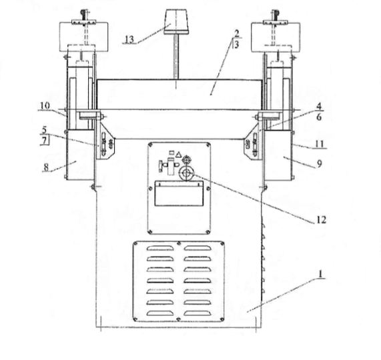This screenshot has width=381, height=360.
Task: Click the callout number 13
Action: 129,39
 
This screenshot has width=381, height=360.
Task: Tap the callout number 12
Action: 321,220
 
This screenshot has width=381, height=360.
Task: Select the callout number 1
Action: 320,274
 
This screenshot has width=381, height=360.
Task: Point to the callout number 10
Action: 45,105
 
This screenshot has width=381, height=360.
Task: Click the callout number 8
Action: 46,167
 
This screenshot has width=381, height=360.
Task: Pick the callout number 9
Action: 320,164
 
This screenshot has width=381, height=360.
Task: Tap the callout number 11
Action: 320,144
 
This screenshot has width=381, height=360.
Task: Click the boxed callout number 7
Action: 44,141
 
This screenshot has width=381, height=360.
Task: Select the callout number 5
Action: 44,130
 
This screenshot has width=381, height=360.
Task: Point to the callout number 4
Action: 319,106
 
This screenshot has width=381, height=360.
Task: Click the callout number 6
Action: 319,117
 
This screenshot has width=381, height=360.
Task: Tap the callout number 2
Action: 236,33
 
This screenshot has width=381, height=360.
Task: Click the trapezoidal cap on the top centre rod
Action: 176,21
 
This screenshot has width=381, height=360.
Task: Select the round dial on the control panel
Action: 186,173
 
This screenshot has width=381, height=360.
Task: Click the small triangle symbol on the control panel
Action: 179,154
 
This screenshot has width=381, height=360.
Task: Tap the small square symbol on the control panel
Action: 171,153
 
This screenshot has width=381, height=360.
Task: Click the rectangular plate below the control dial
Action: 179,193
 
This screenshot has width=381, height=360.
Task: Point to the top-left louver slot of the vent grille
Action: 160,248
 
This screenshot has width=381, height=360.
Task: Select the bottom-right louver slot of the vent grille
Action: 198,313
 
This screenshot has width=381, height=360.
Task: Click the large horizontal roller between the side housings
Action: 179,95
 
